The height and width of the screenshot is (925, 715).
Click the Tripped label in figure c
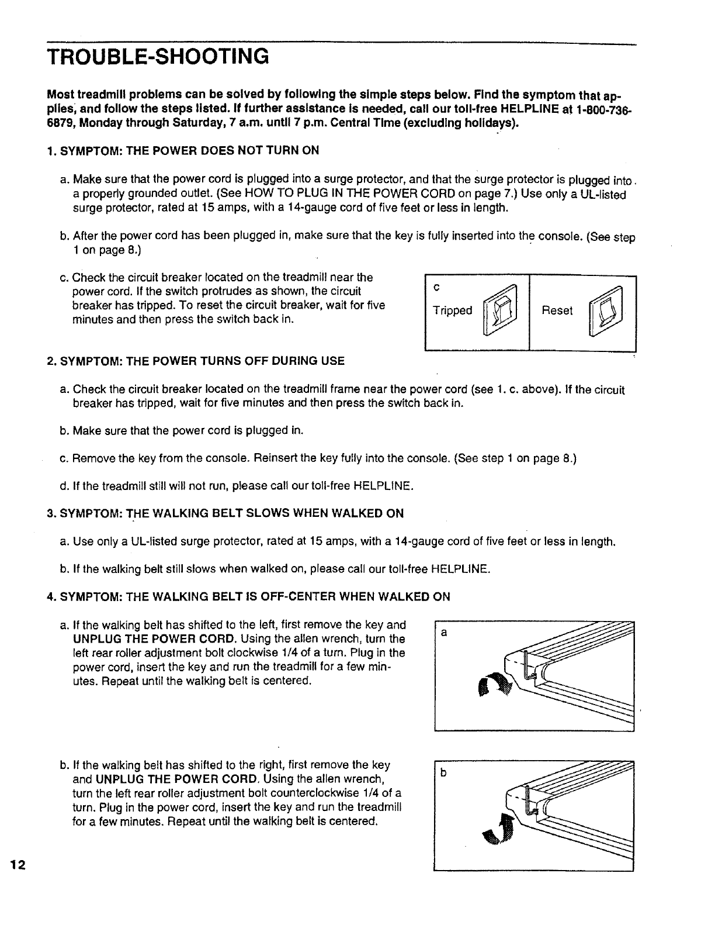click(x=452, y=310)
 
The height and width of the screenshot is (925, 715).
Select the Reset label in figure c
click(x=557, y=310)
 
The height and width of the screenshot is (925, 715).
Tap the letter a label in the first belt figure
click(x=444, y=632)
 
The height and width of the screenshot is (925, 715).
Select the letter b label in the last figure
click(x=444, y=774)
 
